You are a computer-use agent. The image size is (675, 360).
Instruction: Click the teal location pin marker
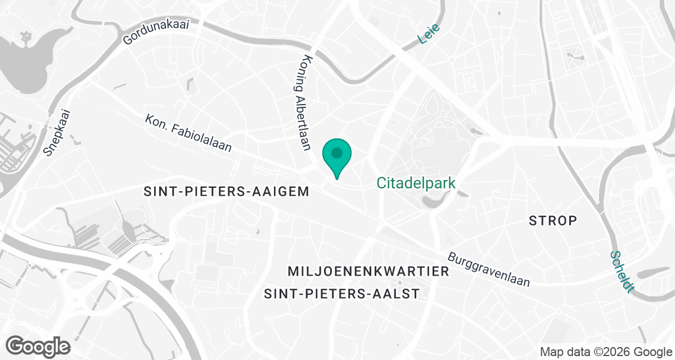(336, 157)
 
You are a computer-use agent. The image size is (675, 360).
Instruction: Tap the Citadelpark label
(416, 183)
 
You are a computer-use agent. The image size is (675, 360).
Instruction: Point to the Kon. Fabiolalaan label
(188, 134)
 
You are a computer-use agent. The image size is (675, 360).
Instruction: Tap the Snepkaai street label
(58, 132)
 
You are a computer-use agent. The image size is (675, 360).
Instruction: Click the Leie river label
(429, 34)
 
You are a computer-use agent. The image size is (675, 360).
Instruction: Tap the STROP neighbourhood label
(553, 220)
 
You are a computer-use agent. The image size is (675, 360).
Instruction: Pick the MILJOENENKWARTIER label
(368, 272)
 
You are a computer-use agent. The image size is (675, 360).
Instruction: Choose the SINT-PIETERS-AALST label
(342, 294)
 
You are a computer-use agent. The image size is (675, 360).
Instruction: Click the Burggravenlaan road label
(489, 269)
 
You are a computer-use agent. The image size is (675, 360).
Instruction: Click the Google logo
(38, 345)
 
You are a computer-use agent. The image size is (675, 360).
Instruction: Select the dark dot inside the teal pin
(336, 152)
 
